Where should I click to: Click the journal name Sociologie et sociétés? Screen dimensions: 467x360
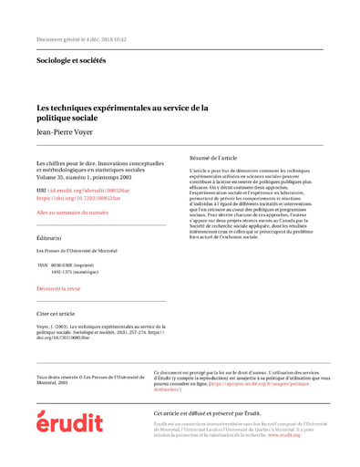[x=70, y=61]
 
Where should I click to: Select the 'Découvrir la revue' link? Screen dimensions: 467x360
[x=58, y=288]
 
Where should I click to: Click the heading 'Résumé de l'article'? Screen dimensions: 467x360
[x=213, y=158]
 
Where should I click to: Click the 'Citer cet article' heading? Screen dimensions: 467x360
[x=56, y=313]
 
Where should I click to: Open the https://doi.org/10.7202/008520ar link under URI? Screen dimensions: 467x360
[x=77, y=197]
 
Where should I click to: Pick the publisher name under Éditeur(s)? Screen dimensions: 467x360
[x=81, y=251]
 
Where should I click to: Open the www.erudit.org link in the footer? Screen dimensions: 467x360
[x=285, y=435]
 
